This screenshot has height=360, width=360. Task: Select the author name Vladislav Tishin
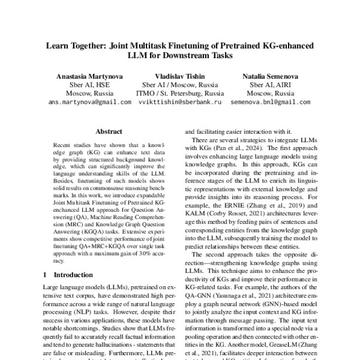click(x=180, y=76)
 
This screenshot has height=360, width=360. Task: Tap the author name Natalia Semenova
click(x=270, y=76)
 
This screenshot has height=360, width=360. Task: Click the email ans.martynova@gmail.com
click(x=89, y=103)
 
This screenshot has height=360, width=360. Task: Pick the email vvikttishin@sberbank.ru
click(x=179, y=103)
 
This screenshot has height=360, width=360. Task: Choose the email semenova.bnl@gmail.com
click(x=270, y=103)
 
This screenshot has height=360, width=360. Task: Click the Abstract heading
click(x=109, y=132)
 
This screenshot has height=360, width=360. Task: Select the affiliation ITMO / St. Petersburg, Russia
click(x=180, y=94)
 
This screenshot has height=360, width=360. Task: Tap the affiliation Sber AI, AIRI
click(x=270, y=85)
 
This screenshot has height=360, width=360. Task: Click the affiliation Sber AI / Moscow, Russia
click(x=180, y=85)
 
